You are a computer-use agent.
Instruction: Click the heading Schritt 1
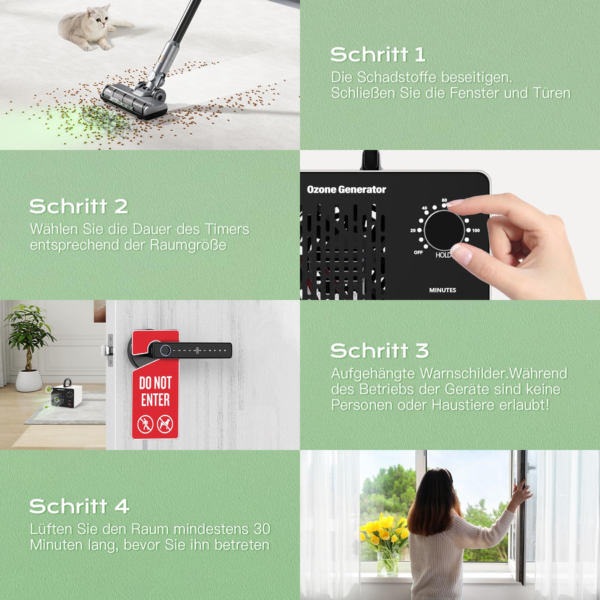pyautogui.click(x=378, y=55)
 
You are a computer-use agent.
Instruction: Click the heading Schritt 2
pyautogui.click(x=79, y=207)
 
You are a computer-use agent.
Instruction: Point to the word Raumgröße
pyautogui.click(x=188, y=245)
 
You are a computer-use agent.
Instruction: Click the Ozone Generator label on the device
pyautogui.click(x=346, y=189)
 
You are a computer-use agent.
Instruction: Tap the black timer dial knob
pyautogui.click(x=444, y=229)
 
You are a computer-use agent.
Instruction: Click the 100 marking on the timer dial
pyautogui.click(x=476, y=230)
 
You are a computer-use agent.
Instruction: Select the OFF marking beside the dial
pyautogui.click(x=418, y=252)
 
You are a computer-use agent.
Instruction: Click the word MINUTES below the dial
pyautogui.click(x=442, y=290)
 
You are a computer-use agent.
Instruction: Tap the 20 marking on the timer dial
pyautogui.click(x=413, y=230)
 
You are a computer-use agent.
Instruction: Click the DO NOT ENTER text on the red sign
pyautogui.click(x=155, y=391)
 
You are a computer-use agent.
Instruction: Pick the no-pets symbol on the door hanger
pyautogui.click(x=165, y=424)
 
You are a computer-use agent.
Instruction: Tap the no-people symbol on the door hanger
pyautogui.click(x=145, y=424)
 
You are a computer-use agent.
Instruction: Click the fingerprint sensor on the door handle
pyautogui.click(x=165, y=351)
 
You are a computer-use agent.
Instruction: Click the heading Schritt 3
pyautogui.click(x=379, y=351)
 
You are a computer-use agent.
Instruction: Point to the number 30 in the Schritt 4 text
pyautogui.click(x=262, y=529)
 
